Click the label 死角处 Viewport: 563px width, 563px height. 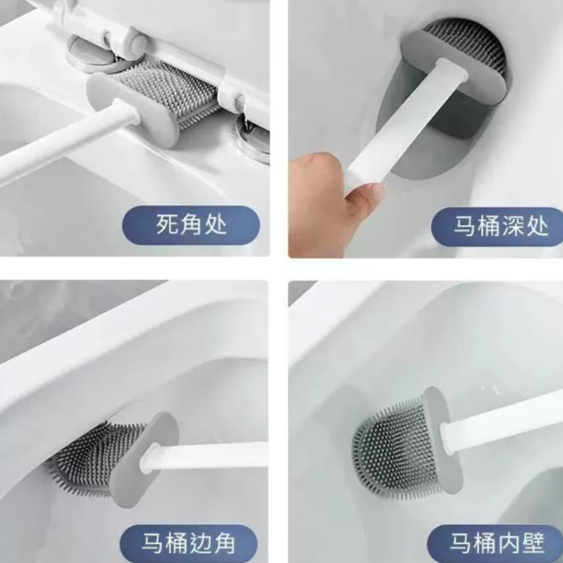tap(191, 225)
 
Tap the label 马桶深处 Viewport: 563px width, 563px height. tap(501, 226)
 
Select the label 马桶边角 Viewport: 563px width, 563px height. tap(189, 543)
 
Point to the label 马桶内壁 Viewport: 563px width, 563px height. tap(498, 542)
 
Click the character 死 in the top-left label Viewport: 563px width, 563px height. tap(167, 225)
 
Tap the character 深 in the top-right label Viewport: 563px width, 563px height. tap(513, 226)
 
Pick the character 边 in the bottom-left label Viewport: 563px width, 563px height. tap(200, 543)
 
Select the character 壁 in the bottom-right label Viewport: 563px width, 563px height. tap(533, 542)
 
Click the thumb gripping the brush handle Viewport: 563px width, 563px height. tap(363, 193)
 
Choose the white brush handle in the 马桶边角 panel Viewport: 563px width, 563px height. tap(204, 456)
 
